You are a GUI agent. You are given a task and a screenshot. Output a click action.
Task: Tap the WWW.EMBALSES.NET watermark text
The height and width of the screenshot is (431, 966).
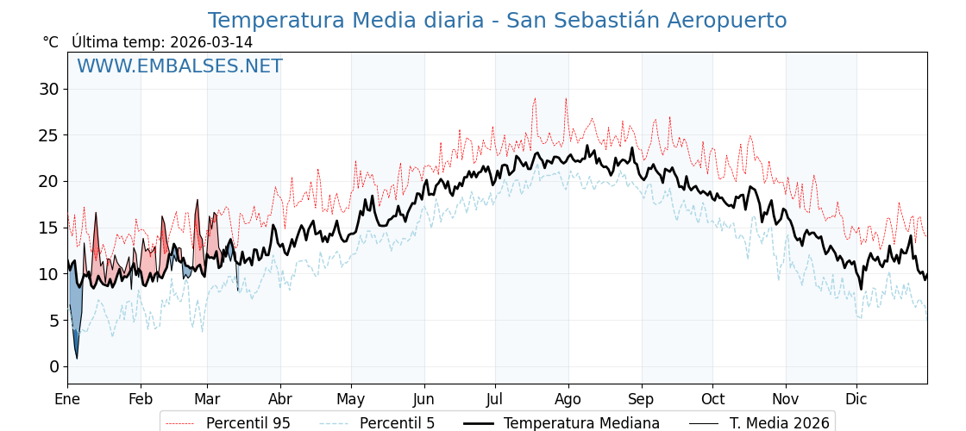click(179, 66)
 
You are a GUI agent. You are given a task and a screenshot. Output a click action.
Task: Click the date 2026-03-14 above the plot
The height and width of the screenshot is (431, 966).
click(211, 42)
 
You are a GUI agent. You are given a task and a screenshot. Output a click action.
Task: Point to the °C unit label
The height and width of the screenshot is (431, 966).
click(51, 42)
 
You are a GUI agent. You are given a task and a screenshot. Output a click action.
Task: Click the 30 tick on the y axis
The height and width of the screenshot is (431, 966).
click(49, 89)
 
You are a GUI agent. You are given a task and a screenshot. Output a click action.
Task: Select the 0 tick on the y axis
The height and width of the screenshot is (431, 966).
click(54, 366)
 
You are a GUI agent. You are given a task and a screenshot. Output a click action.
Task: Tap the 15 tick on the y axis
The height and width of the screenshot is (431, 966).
click(49, 228)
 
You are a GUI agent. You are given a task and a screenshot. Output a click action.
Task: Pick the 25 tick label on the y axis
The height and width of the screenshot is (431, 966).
click(49, 135)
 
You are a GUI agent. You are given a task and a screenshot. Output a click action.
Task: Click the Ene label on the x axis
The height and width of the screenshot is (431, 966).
click(67, 399)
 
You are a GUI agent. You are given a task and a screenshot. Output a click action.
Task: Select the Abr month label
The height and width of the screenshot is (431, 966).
click(280, 399)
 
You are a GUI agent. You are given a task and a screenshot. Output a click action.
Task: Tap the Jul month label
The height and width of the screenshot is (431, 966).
click(495, 399)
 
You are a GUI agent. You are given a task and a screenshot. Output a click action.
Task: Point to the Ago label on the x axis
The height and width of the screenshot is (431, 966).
click(568, 399)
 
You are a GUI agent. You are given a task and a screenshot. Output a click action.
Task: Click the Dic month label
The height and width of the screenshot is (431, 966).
click(856, 399)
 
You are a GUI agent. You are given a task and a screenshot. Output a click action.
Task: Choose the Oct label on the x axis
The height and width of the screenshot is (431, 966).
click(712, 399)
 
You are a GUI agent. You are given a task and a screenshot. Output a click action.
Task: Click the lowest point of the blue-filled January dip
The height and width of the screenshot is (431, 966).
click(77, 358)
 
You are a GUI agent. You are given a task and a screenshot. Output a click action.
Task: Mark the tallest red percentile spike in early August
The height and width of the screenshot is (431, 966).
click(566, 98)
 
